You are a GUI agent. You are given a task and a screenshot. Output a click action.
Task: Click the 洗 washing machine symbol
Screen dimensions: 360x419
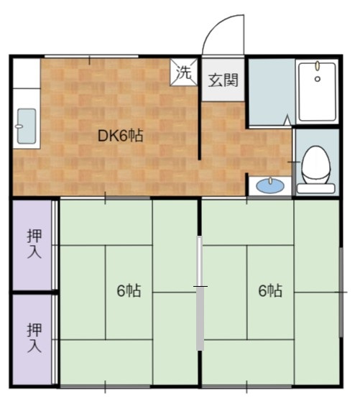[184, 72]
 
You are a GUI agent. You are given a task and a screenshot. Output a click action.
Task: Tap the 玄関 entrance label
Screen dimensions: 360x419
[223, 80]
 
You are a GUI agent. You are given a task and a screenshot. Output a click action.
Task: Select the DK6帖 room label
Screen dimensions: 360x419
[121, 136]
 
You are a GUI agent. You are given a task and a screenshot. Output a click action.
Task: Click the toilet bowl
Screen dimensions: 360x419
[315, 165]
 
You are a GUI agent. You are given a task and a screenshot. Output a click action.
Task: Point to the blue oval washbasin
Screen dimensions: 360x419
[270, 185]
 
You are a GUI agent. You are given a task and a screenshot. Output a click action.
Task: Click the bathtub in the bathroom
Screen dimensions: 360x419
[317, 92]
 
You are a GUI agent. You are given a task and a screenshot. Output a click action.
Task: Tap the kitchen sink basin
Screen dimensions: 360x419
[27, 126]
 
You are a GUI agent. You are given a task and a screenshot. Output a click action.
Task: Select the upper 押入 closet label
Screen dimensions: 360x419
[34, 244]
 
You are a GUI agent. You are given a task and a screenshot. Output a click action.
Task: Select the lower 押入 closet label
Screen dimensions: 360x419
[34, 338]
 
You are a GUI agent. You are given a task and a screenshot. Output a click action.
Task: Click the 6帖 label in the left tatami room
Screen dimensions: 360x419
[129, 290]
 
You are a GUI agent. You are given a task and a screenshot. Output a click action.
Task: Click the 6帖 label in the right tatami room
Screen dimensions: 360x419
[270, 290]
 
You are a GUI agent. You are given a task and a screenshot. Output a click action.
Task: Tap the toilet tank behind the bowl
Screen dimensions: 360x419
[315, 188]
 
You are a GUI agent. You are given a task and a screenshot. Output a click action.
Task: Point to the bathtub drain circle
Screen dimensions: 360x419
[318, 79]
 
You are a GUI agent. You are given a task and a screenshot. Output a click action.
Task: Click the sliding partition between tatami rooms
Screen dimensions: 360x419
[200, 293]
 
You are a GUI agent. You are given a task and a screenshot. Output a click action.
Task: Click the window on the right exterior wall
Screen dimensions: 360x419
[341, 292]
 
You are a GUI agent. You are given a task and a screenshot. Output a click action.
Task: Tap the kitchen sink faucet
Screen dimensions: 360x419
[19, 126]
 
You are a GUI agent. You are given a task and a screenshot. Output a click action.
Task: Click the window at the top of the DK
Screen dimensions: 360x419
[91, 56]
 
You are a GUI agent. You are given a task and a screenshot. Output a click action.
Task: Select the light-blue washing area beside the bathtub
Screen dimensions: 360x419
[272, 92]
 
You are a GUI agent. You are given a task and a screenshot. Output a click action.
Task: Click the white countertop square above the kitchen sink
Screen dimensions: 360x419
[27, 73]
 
